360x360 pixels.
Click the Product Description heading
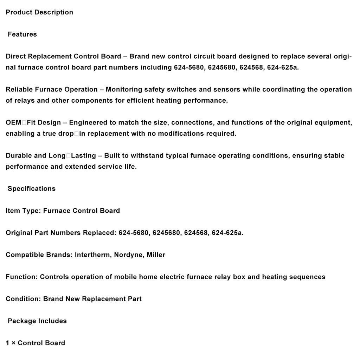39,12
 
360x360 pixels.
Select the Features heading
22,34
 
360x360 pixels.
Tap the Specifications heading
32,189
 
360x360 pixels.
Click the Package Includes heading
37,321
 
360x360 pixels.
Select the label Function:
21,277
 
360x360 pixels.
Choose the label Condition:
23,299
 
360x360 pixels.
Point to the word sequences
307,277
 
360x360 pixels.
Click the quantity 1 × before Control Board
11,343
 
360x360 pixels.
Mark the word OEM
13,123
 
